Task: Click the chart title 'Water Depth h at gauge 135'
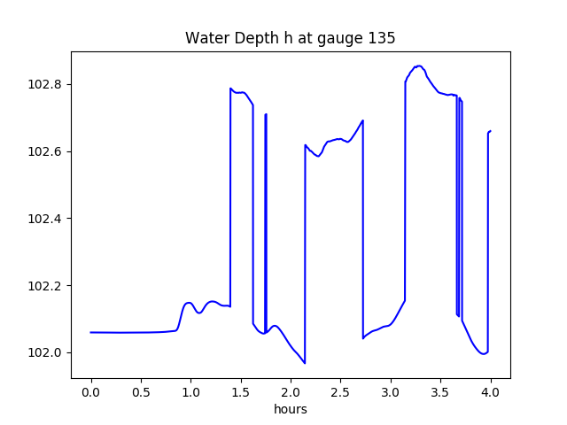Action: click(x=290, y=39)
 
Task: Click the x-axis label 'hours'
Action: click(x=290, y=410)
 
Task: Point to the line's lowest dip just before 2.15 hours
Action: click(x=305, y=363)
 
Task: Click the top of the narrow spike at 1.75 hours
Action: click(x=266, y=114)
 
